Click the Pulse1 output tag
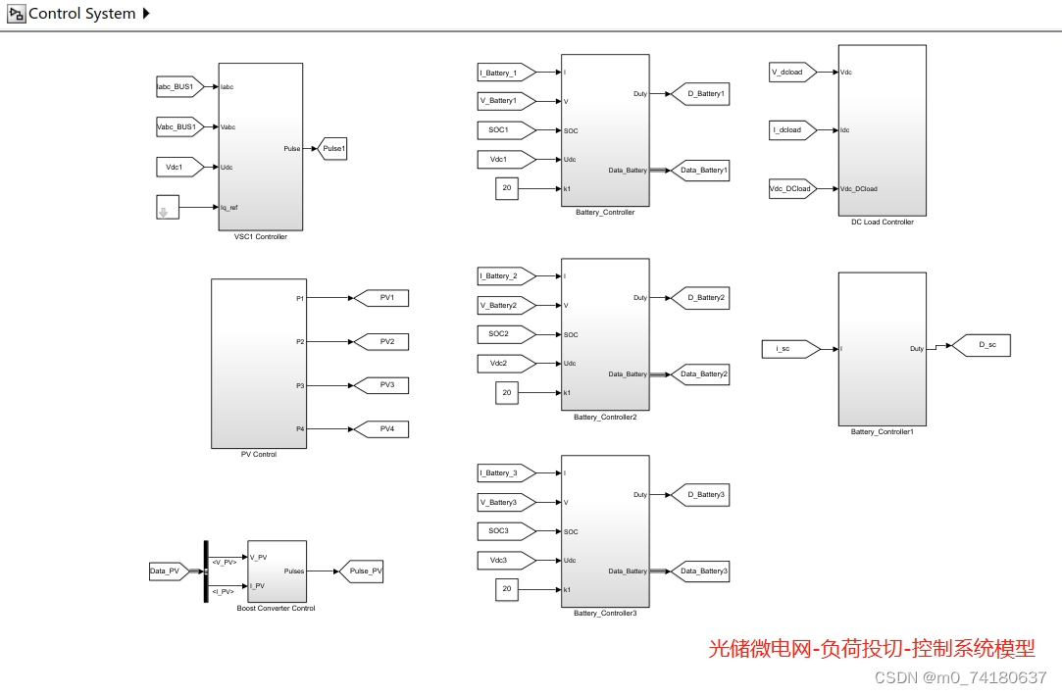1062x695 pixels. [x=333, y=149]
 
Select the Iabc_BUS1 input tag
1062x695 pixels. [x=178, y=86]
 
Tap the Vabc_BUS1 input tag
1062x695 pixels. [x=178, y=126]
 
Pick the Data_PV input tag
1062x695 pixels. [x=166, y=571]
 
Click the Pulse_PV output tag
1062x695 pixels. [x=360, y=571]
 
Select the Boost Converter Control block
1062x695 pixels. [x=277, y=571]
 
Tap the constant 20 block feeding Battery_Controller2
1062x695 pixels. [x=507, y=393]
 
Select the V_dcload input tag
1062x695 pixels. [x=791, y=72]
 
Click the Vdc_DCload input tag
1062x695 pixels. [x=791, y=189]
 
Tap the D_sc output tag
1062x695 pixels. [x=981, y=345]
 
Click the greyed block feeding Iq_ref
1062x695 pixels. [x=168, y=207]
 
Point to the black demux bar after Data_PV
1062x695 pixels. [x=206, y=571]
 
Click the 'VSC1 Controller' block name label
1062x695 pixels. [x=261, y=237]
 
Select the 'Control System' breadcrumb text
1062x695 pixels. [x=82, y=14]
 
